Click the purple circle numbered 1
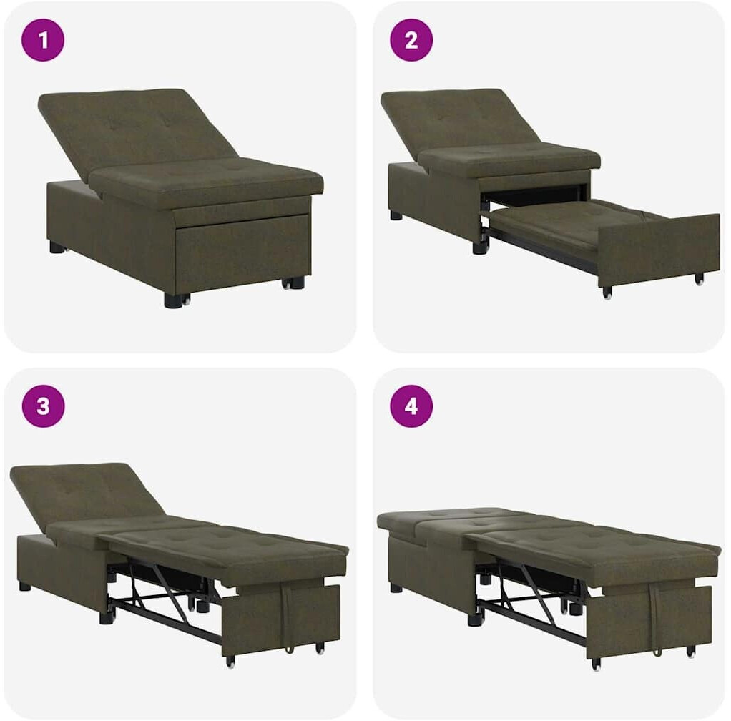(43, 40)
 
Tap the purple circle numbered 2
(411, 40)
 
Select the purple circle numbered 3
(43, 406)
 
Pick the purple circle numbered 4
(411, 406)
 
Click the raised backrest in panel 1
(135, 130)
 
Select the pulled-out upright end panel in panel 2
(659, 250)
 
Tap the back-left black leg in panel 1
(57, 247)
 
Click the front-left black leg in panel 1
(173, 299)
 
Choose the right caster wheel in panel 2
(699, 279)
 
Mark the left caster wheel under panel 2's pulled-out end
(607, 292)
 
